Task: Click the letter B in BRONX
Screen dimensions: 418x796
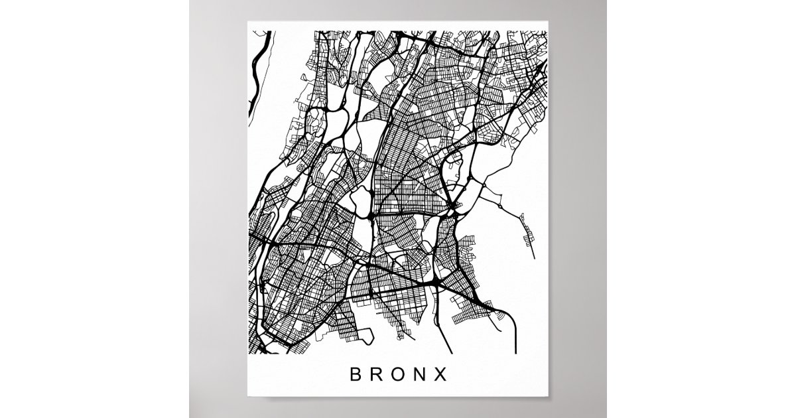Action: pyautogui.click(x=355, y=376)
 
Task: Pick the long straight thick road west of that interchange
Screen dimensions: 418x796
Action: pyautogui.click(x=398, y=289)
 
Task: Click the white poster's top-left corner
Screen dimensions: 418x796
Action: pyautogui.click(x=247, y=21)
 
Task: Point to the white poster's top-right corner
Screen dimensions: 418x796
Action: pyautogui.click(x=548, y=21)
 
